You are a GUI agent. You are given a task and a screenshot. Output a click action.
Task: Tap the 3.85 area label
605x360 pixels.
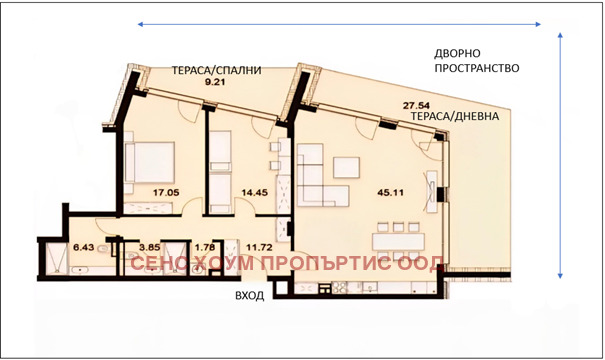[149, 246]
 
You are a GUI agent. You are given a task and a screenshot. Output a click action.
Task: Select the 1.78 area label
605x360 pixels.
[205, 246]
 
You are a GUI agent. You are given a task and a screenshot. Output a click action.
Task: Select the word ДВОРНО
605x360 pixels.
[461, 52]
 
